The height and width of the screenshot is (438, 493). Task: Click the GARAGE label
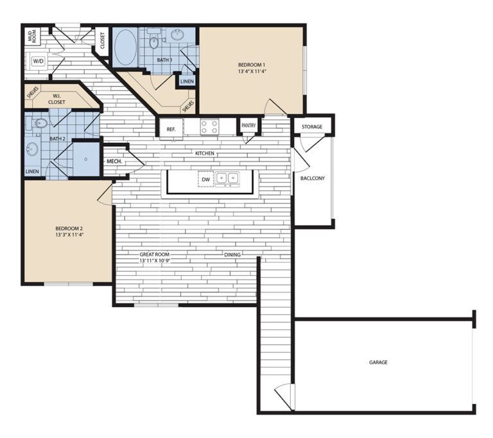[378, 362]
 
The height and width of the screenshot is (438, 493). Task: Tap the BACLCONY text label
[313, 178]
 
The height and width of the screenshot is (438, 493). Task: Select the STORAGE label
[312, 127]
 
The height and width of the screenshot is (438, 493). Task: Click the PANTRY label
[249, 126]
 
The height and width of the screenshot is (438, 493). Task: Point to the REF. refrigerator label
[171, 129]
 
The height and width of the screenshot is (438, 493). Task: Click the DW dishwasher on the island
[205, 180]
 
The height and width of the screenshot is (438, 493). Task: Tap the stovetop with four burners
[209, 127]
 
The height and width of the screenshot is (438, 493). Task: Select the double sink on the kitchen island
[227, 178]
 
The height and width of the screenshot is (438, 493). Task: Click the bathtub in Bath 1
[125, 47]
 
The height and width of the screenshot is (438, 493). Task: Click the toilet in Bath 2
[40, 123]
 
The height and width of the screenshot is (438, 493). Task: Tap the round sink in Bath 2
[32, 149]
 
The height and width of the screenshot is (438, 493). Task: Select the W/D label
[38, 62]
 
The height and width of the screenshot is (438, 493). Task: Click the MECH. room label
[114, 162]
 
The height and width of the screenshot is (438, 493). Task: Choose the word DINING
[232, 255]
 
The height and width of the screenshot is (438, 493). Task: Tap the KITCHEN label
[205, 154]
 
